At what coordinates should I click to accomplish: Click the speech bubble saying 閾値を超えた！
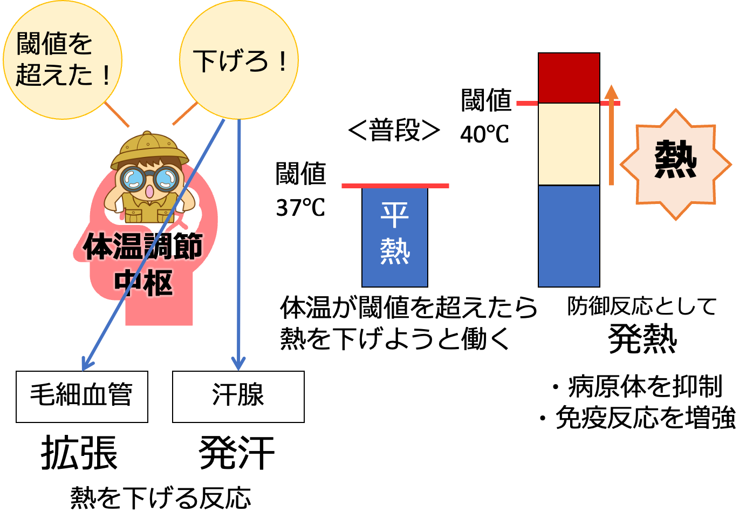pyautogui.click(x=62, y=59)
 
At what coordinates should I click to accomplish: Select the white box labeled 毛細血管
pyautogui.click(x=81, y=396)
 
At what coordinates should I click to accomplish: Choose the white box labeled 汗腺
pyautogui.click(x=238, y=396)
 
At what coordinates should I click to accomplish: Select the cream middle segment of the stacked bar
pyautogui.click(x=569, y=144)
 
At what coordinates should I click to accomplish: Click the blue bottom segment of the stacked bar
pyautogui.click(x=569, y=236)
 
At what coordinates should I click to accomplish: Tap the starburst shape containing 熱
pyautogui.click(x=675, y=164)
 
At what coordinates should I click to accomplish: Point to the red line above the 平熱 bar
pyautogui.click(x=395, y=186)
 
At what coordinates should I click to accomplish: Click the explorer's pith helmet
pyautogui.click(x=150, y=147)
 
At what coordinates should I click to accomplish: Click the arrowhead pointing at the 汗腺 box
pyautogui.click(x=238, y=363)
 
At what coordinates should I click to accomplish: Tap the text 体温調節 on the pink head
pyautogui.click(x=143, y=247)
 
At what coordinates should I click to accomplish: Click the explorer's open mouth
pyautogui.click(x=149, y=192)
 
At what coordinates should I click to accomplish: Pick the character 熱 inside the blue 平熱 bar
pyautogui.click(x=395, y=251)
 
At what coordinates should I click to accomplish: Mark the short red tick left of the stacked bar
pyautogui.click(x=526, y=103)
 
